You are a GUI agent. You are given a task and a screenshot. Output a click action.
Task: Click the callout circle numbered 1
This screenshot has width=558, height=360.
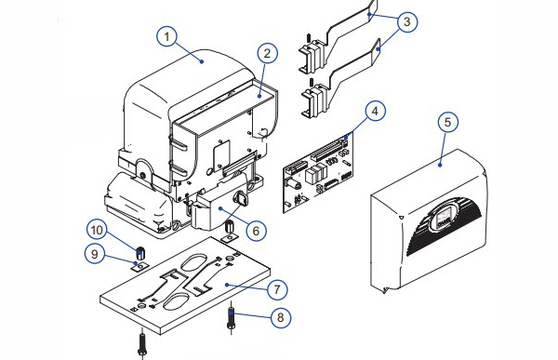click(x=166, y=36)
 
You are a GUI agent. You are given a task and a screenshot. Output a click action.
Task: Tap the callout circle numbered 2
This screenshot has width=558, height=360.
click(x=267, y=53)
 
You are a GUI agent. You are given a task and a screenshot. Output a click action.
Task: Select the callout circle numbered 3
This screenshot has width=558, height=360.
click(x=407, y=22)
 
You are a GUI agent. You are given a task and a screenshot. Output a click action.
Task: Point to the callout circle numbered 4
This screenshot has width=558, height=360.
click(x=375, y=112)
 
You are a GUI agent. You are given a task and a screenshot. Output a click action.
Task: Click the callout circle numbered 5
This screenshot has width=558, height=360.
click(x=447, y=122)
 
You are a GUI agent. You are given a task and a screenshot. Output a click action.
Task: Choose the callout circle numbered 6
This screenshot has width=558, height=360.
click(x=257, y=231)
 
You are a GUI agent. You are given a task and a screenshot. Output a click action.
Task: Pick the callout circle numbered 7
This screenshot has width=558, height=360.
click(x=277, y=289)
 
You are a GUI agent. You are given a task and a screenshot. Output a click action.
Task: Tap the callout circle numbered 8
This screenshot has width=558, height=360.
click(x=281, y=317)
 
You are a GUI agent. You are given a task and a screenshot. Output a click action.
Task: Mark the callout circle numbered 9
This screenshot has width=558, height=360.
click(x=95, y=254)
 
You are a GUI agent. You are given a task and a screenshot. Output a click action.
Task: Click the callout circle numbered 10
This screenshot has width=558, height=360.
click(x=97, y=230)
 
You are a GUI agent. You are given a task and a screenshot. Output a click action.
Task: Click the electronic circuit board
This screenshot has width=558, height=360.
click(x=318, y=172)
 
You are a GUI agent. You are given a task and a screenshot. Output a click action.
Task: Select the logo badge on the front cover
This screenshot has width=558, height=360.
click(x=443, y=218)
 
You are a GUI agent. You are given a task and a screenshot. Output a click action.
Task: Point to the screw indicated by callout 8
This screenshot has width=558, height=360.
click(x=231, y=317)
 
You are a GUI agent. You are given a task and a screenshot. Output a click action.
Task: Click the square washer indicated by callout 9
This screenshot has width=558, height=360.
click(x=139, y=266)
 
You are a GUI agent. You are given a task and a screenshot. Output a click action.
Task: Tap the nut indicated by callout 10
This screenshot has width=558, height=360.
click(x=140, y=252)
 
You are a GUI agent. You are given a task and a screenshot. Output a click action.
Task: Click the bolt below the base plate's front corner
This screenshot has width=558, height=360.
click(x=142, y=343)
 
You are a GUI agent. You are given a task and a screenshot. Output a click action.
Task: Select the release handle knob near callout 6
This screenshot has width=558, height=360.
click(x=240, y=198)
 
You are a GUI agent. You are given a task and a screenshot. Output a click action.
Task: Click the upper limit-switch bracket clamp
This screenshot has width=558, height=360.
click(x=312, y=55)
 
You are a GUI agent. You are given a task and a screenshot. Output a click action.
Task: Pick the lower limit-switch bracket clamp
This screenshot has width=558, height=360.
click(x=313, y=99)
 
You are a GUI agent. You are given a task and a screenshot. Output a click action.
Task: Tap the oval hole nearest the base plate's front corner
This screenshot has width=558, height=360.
click(x=176, y=300)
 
